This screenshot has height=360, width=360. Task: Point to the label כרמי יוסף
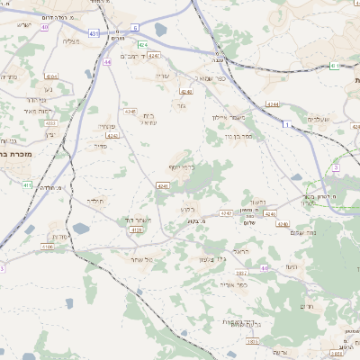pyautogui.click(x=181, y=167)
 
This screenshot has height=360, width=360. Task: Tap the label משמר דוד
pyautogui.click(x=136, y=220)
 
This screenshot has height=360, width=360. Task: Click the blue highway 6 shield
pyautogui.click(x=135, y=27)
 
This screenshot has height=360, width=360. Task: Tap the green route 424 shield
pyautogui.click(x=143, y=43)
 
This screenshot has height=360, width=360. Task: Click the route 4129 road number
pyautogui.click(x=137, y=229)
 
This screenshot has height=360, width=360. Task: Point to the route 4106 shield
pyautogui.click(x=48, y=246)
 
